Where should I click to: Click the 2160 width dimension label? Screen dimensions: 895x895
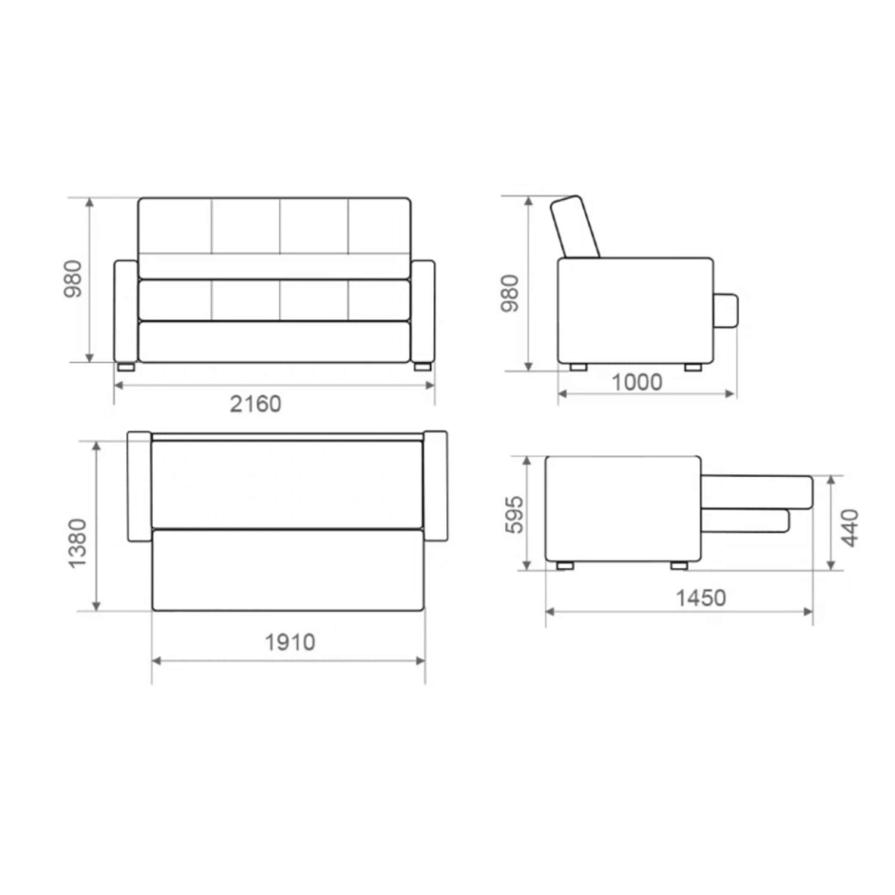[x=255, y=404]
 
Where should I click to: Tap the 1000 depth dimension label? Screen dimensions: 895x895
[x=637, y=382]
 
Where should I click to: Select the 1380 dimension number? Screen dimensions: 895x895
[x=78, y=543]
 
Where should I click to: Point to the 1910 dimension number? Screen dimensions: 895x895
[x=289, y=642]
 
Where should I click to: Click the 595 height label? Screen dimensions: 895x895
[x=513, y=514]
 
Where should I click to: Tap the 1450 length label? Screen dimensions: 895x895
[x=700, y=597]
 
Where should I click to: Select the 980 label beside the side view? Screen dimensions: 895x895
[x=510, y=293]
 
